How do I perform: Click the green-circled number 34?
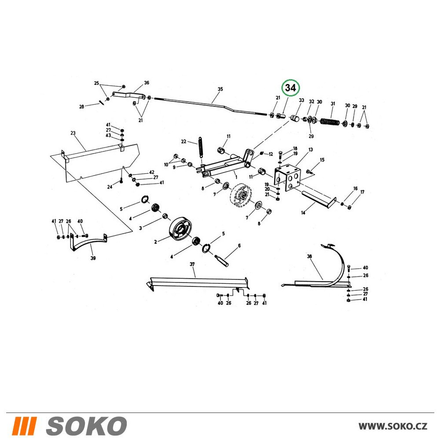pyautogui.click(x=290, y=88)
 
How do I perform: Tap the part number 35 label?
pyautogui.click(x=220, y=89)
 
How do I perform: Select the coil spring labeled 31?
pyautogui.click(x=330, y=122)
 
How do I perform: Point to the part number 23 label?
pyautogui.click(x=73, y=133)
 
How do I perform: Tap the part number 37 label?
pyautogui.click(x=192, y=264)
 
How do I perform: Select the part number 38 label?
pyautogui.click(x=309, y=256)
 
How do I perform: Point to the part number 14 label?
pyautogui.click(x=303, y=213)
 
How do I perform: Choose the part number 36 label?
pyautogui.click(x=147, y=83)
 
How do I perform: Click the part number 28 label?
pyautogui.click(x=81, y=106)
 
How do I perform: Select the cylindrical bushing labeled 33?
pyautogui.click(x=295, y=118)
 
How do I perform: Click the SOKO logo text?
pyautogui.click(x=86, y=426)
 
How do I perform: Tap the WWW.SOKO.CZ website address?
pyautogui.click(x=393, y=426)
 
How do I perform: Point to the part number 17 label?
pyautogui.click(x=362, y=192)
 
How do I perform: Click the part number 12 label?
pyautogui.click(x=271, y=154)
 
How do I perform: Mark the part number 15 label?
pyautogui.click(x=322, y=160)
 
